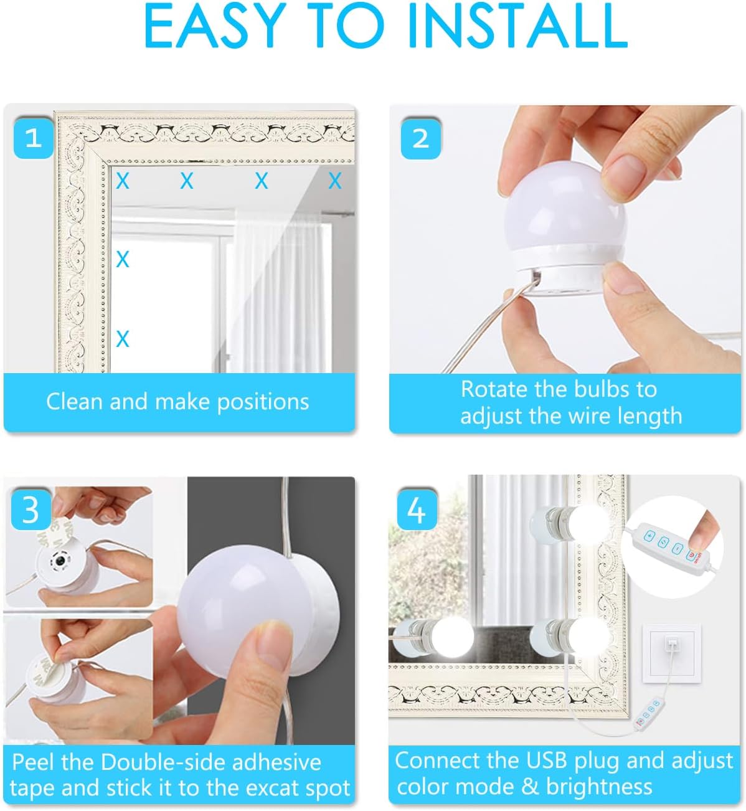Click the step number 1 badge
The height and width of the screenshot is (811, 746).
(34, 138)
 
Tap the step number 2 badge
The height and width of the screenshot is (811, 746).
(420, 138)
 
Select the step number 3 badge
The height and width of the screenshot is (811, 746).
(31, 510)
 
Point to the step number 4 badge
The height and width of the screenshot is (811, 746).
(417, 510)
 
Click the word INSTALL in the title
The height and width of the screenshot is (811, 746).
(518, 26)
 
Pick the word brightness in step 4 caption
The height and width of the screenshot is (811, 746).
(599, 787)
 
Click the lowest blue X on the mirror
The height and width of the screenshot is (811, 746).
(123, 339)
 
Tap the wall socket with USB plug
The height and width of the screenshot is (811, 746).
(672, 653)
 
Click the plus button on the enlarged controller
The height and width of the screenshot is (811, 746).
(649, 536)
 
